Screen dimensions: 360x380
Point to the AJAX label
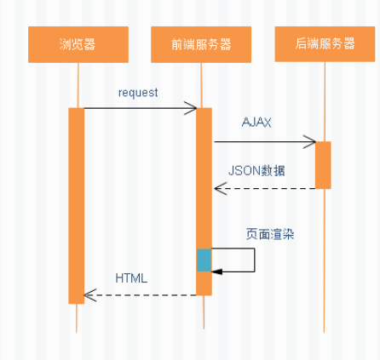click(256, 123)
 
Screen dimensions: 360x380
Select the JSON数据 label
click(256, 170)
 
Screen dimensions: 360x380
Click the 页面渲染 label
click(267, 232)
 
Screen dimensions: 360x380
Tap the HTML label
click(131, 277)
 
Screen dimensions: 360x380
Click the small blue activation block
click(204, 260)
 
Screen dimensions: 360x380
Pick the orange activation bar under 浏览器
click(77, 204)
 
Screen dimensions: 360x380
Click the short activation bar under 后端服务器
click(323, 164)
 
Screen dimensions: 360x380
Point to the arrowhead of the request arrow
click(193, 108)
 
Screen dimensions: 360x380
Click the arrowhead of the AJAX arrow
click(311, 142)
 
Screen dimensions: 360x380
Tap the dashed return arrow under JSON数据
click(264, 188)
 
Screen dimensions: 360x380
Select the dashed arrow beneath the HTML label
click(141, 295)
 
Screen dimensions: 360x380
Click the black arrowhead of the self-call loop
click(216, 271)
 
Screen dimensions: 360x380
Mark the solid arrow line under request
click(136, 108)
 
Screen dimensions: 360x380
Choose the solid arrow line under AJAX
click(260, 142)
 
